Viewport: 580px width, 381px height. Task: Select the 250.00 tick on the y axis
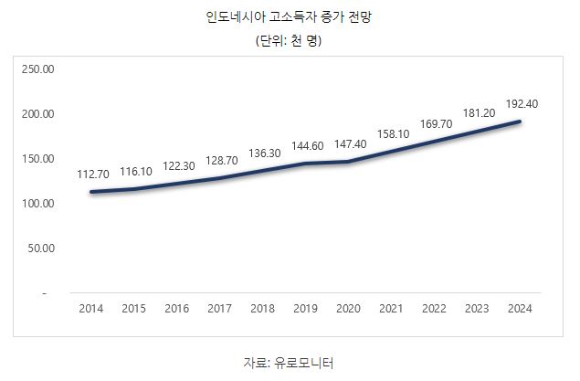click(x=37, y=69)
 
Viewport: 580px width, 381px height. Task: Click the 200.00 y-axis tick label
click(x=37, y=114)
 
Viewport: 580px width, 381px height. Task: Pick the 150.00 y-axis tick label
click(x=37, y=159)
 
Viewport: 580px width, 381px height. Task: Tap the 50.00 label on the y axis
click(x=40, y=248)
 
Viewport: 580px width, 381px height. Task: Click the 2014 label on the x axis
click(x=91, y=309)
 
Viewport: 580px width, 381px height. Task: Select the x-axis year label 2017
click(x=219, y=309)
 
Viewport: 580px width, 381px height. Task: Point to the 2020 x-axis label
click(x=348, y=309)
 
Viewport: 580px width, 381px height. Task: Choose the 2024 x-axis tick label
click(x=520, y=309)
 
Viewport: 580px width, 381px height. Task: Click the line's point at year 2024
click(x=520, y=122)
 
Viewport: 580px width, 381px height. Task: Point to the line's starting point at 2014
click(x=91, y=192)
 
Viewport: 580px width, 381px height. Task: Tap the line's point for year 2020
click(x=348, y=162)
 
